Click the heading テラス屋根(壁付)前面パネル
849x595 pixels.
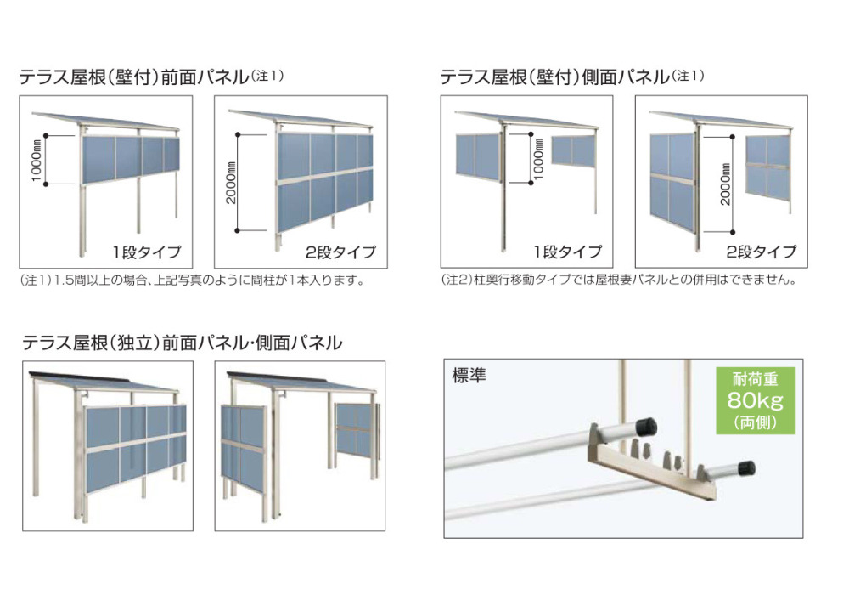click(x=134, y=77)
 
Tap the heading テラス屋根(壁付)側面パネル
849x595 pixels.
click(x=555, y=77)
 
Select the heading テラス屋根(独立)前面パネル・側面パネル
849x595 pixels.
click(x=183, y=343)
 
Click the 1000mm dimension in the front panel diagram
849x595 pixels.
click(x=37, y=160)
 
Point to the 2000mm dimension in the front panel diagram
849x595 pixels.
click(x=231, y=182)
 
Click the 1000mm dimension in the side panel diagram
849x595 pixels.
click(x=538, y=159)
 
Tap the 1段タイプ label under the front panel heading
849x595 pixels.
click(x=147, y=252)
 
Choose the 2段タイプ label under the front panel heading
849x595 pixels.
click(x=340, y=252)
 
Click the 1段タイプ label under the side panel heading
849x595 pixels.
click(x=567, y=252)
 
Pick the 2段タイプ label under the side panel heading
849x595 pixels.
click(x=762, y=252)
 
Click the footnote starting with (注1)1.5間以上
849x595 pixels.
click(x=192, y=280)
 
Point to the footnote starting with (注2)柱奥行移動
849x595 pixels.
click(x=619, y=280)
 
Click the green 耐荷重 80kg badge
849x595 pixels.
click(x=756, y=400)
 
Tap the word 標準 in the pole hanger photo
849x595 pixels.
click(x=469, y=375)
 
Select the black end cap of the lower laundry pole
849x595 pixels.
click(x=746, y=467)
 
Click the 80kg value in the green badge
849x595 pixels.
click(x=756, y=400)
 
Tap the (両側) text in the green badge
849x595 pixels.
click(x=756, y=422)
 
